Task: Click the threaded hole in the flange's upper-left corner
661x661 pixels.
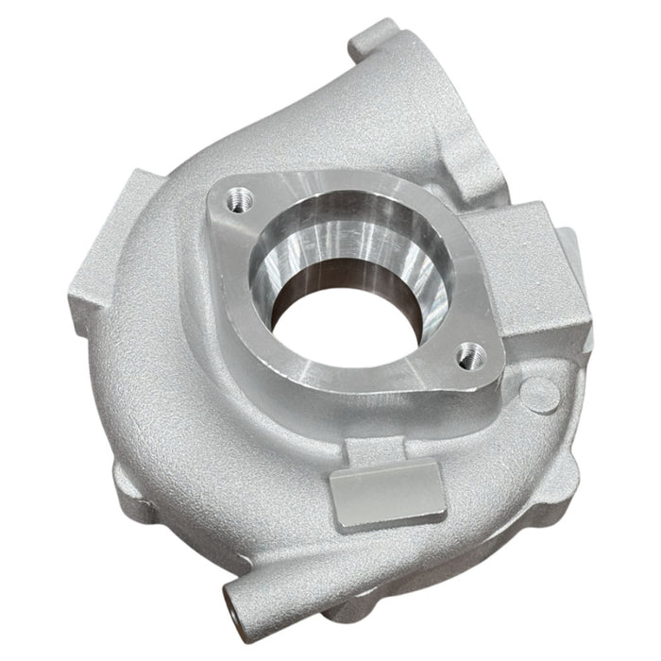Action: coord(235,199)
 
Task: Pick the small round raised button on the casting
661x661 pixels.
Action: coord(539,389)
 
